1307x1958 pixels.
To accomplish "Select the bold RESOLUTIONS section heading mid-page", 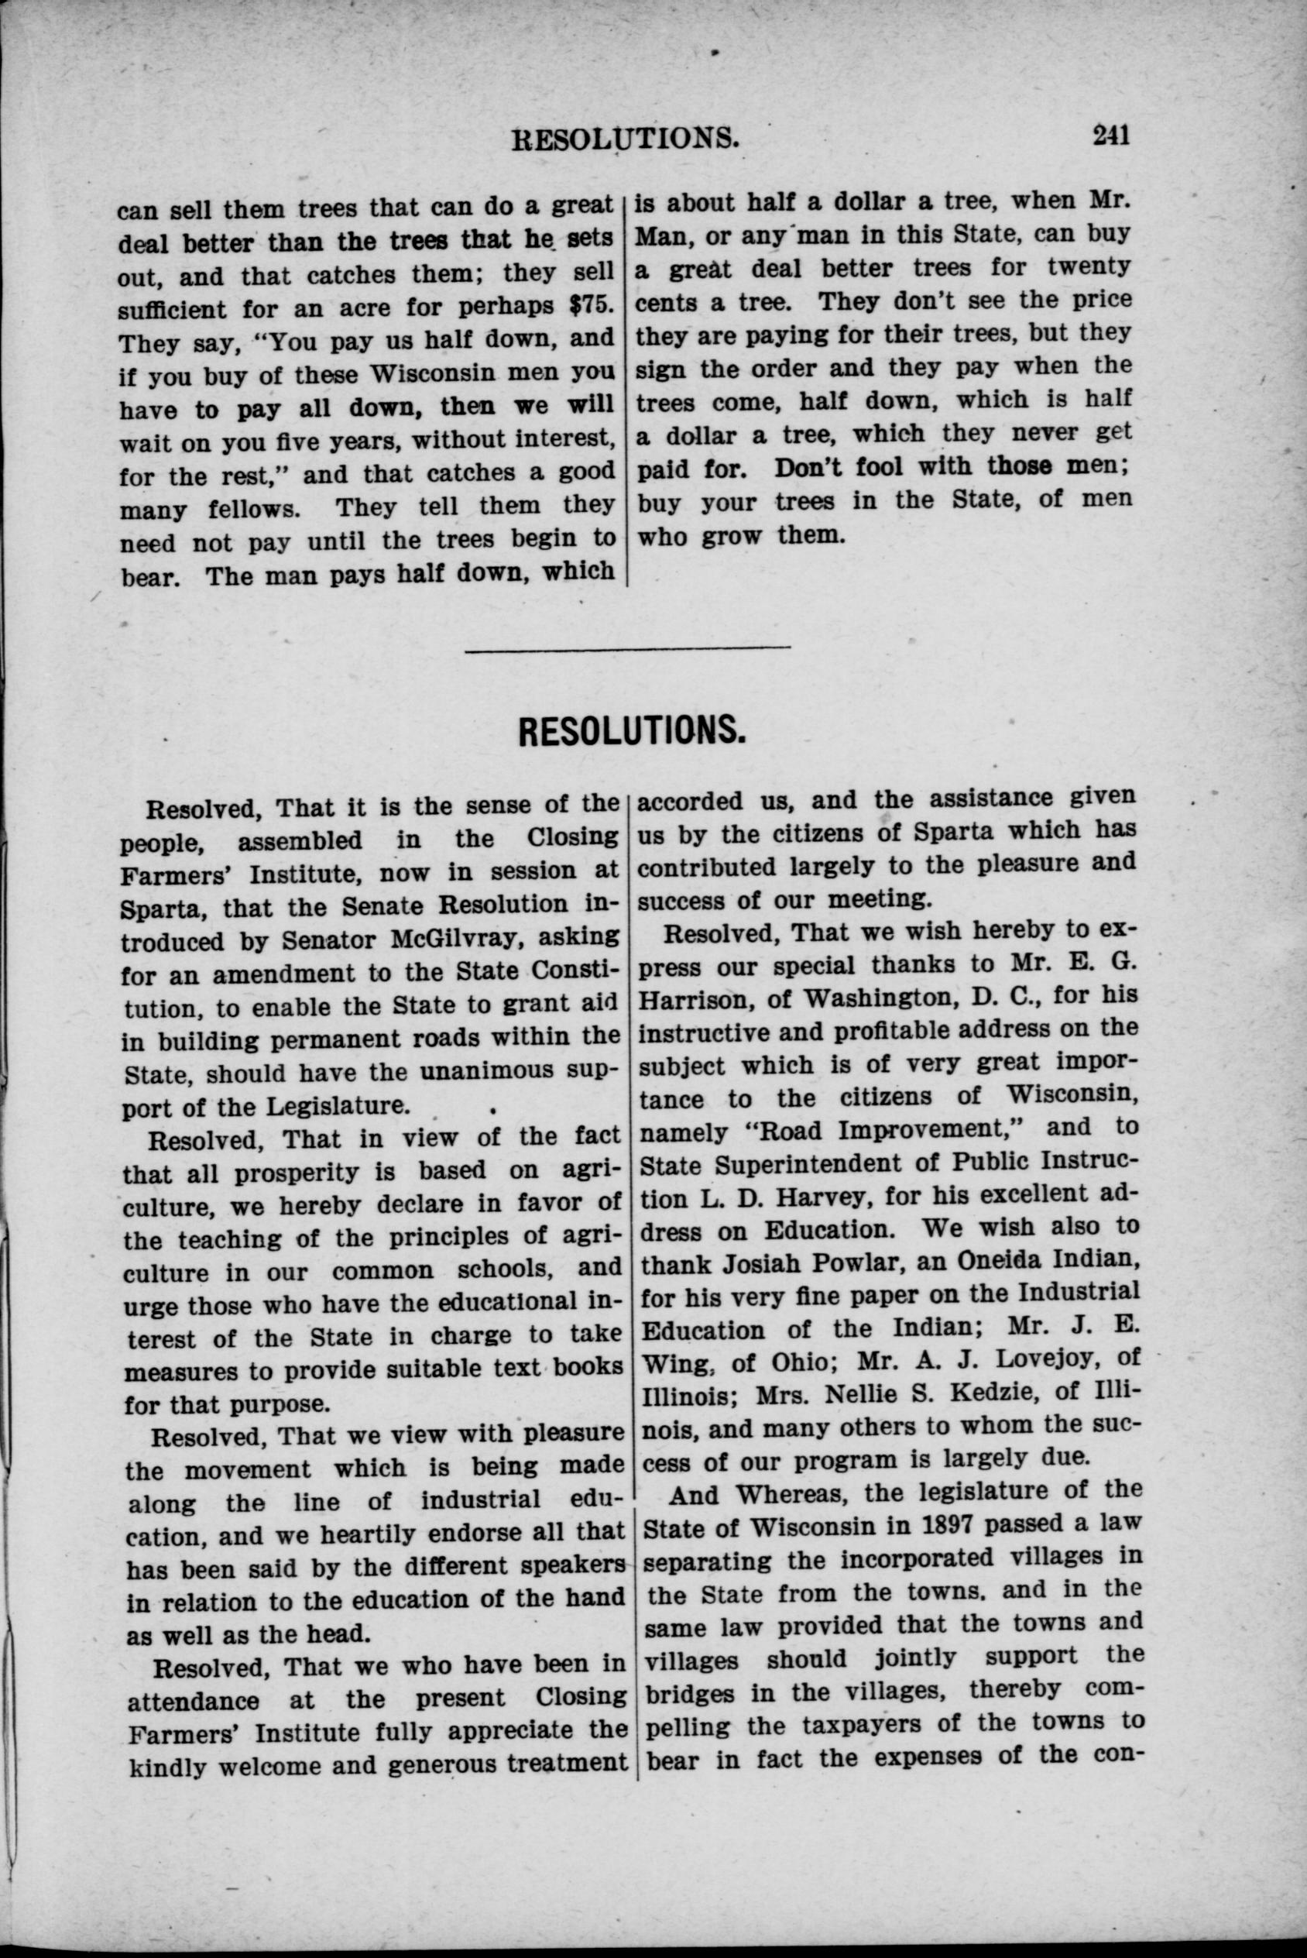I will [631, 731].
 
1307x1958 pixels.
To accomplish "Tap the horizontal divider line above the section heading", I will [627, 648].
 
